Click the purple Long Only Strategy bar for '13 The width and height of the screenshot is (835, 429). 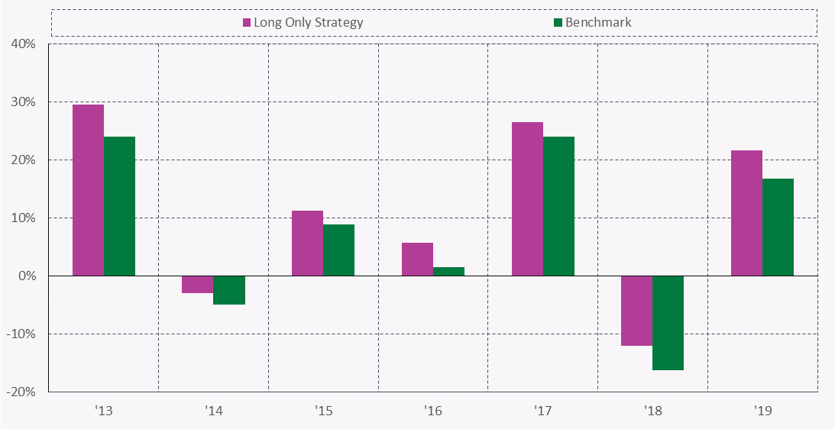tap(88, 190)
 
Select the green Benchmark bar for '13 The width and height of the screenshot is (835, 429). tap(119, 206)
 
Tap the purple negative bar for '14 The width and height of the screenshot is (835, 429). tap(198, 284)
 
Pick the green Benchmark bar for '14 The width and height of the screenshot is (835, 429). tap(229, 290)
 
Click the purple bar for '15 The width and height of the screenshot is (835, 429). tap(307, 244)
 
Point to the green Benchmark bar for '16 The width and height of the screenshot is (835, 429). tap(448, 272)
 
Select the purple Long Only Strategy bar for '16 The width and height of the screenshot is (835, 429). tap(417, 260)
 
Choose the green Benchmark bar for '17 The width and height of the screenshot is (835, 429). tap(558, 206)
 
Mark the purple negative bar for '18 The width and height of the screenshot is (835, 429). tap(636, 311)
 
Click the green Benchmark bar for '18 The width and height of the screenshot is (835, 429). tap(668, 323)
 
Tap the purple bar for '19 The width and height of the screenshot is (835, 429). tap(746, 213)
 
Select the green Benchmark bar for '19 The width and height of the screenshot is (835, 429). tap(778, 227)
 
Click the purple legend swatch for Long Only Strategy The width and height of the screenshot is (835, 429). tap(247, 22)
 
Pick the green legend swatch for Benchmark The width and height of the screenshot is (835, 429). tap(558, 22)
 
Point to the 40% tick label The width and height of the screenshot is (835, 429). tap(23, 44)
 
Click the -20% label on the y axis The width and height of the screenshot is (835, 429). tap(21, 392)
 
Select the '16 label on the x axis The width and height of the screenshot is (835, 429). tap(432, 411)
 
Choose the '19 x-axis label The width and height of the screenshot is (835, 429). tap(762, 411)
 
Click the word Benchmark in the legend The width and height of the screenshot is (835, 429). tap(599, 22)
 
